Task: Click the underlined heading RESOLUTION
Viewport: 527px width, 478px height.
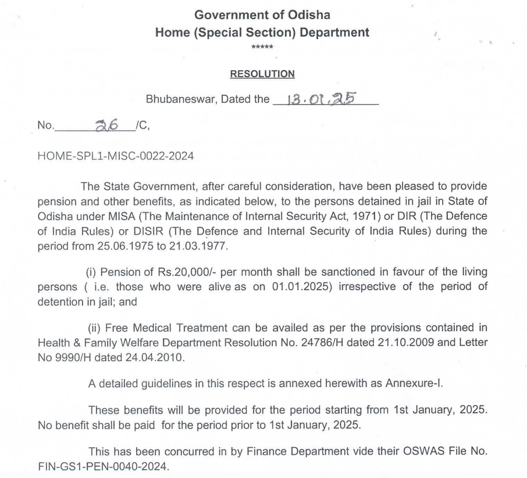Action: coord(262,74)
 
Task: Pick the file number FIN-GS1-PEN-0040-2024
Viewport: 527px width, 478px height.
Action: coord(100,466)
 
